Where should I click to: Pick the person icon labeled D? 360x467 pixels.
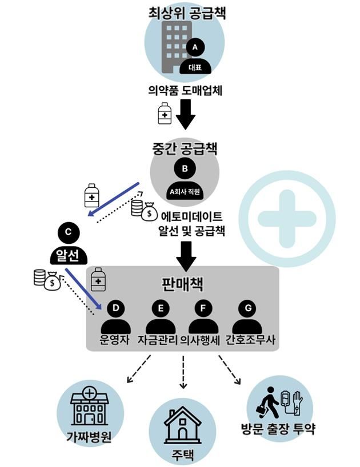[x=116, y=317]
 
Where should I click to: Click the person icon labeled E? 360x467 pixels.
[x=161, y=317]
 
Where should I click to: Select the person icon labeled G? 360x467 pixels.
[x=247, y=317]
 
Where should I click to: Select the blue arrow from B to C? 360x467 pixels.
[x=114, y=199]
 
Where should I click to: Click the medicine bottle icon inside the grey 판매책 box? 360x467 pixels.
[x=99, y=278]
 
